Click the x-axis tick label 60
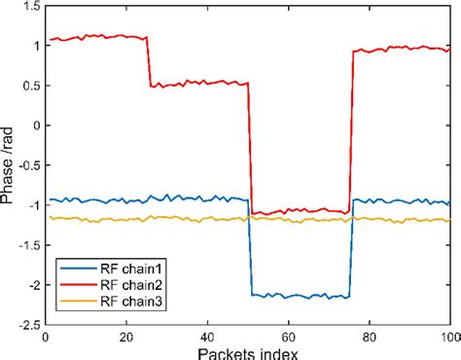tap(288, 336)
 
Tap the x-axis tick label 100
tap(448, 336)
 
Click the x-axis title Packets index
tap(247, 351)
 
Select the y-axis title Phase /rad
tap(9, 165)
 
